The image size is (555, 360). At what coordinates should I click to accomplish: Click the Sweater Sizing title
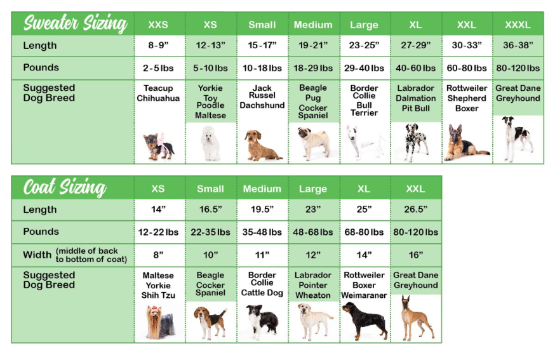click(75, 24)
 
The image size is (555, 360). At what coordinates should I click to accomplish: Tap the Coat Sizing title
click(64, 188)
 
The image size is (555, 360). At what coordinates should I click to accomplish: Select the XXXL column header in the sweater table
click(518, 25)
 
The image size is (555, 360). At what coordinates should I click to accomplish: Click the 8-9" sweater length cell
click(158, 46)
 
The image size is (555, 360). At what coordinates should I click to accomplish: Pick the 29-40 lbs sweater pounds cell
click(364, 68)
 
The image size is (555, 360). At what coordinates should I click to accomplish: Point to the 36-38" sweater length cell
click(518, 46)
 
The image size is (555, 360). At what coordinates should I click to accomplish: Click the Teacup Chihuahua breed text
click(158, 93)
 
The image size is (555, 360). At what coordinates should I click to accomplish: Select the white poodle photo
click(210, 143)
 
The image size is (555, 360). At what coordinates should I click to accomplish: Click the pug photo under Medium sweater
click(313, 142)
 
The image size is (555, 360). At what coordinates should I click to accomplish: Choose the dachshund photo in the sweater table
click(262, 146)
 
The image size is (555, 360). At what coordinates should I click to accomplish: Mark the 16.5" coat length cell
click(210, 210)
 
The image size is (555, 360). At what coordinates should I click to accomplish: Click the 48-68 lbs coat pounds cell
click(313, 232)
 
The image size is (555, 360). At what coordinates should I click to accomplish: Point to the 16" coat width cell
click(415, 255)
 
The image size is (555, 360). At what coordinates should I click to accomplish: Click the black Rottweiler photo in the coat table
click(364, 320)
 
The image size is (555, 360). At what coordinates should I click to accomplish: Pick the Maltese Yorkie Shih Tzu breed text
click(158, 285)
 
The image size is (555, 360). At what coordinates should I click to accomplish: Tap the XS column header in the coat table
click(158, 189)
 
